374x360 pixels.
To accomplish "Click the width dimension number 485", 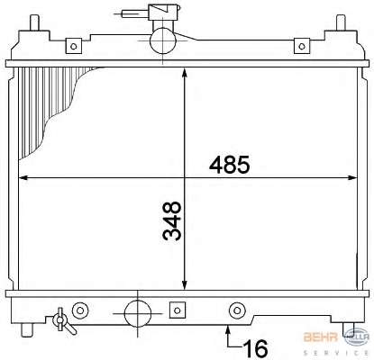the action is tap(230, 165).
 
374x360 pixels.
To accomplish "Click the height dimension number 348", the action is tap(172, 220).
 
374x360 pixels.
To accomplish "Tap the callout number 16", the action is tap(255, 348).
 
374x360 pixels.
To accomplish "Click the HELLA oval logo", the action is tap(357, 337).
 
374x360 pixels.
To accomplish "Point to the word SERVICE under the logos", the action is tap(336, 353).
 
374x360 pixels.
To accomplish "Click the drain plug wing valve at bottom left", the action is tap(63, 321).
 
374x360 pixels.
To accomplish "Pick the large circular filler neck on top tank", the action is tap(162, 41).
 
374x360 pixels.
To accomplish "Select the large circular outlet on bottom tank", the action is tap(138, 313).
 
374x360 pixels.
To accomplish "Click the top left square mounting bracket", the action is tap(74, 46).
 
